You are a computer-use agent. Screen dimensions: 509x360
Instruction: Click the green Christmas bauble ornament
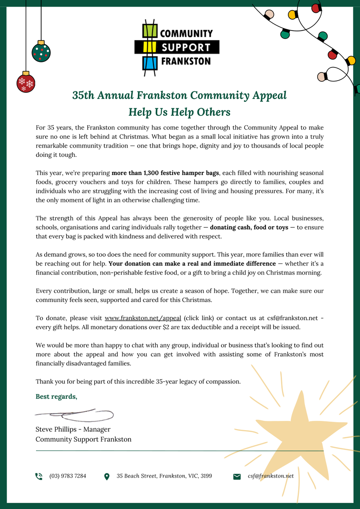[41, 52]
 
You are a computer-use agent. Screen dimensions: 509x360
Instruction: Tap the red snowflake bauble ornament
[25, 82]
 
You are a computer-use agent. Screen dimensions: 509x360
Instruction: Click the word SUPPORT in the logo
[186, 47]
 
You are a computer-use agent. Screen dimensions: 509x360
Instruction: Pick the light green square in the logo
[149, 31]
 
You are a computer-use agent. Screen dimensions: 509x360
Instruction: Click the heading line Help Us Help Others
[179, 112]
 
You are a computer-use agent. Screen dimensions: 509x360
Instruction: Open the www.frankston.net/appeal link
[143, 318]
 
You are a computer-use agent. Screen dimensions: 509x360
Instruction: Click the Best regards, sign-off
[56, 397]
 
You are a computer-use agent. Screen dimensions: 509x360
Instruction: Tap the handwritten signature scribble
[74, 414]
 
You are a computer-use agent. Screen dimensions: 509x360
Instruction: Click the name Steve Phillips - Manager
[73, 429]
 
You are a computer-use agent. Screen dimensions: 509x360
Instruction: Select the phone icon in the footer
[39, 476]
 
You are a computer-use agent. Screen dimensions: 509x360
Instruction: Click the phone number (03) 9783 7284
[68, 476]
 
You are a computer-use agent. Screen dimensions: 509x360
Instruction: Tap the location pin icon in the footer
[107, 476]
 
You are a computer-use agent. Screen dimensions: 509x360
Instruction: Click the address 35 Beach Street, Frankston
[164, 476]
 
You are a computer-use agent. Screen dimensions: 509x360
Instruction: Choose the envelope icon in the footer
[237, 476]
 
